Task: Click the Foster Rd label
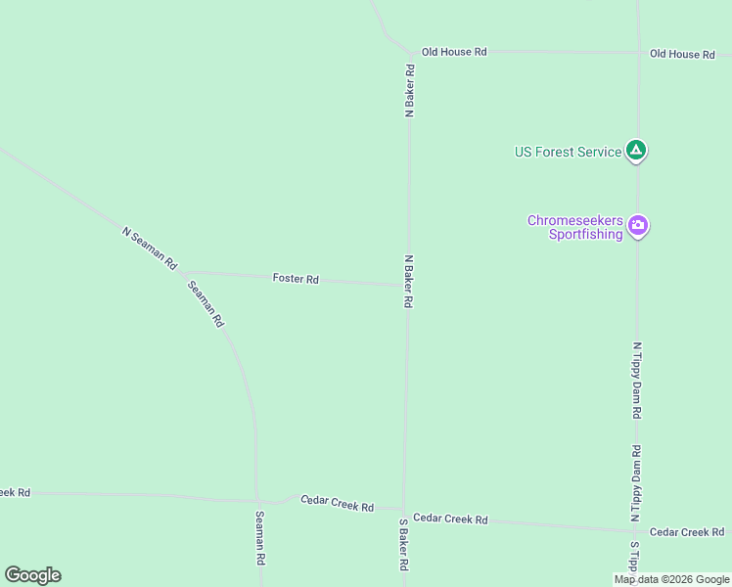[x=296, y=279]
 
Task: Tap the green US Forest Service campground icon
[x=636, y=151]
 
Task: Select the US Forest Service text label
[x=568, y=152]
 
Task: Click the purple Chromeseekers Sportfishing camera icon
[x=638, y=226]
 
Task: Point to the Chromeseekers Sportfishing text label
[x=574, y=227]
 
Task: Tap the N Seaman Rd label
[x=149, y=248]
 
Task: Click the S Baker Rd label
[x=402, y=545]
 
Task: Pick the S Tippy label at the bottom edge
[x=634, y=560]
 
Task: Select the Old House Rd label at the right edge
[x=682, y=54]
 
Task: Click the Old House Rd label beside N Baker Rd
[x=454, y=51]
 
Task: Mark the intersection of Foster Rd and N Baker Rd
[x=407, y=286]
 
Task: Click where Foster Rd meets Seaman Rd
[x=182, y=273]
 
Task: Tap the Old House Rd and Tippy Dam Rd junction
[x=637, y=53]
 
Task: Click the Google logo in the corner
[x=32, y=575]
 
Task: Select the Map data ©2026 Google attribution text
[x=671, y=579]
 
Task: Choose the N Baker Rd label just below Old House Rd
[x=410, y=92]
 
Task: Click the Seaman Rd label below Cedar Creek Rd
[x=260, y=539]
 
